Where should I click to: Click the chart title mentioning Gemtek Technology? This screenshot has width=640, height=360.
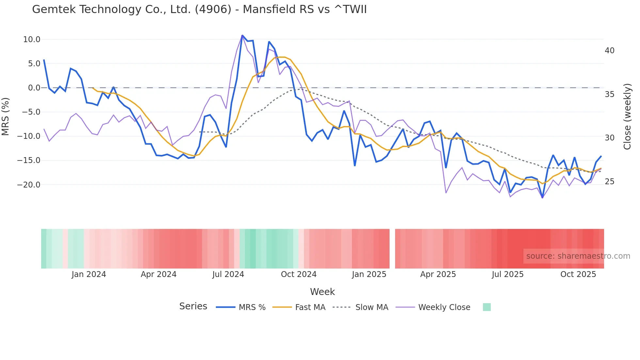(x=199, y=9)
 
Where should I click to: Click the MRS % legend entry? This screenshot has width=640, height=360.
(x=252, y=307)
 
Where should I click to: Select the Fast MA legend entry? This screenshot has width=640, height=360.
(x=310, y=307)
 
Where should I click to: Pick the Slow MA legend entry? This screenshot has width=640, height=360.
(x=372, y=307)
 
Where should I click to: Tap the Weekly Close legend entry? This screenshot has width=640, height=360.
(x=444, y=307)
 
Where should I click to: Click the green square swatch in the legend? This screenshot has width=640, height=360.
(x=487, y=307)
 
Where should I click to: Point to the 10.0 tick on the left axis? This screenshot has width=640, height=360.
(x=32, y=40)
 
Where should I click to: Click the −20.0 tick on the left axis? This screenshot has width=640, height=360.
(x=29, y=185)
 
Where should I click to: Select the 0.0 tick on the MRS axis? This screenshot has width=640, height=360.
(x=34, y=88)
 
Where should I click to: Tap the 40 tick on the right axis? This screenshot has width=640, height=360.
(x=609, y=51)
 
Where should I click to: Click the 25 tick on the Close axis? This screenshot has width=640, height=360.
(x=609, y=182)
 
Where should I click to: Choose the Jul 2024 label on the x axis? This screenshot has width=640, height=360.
(x=228, y=274)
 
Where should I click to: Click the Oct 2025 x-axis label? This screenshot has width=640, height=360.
(x=578, y=274)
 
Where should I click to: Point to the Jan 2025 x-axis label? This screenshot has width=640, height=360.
(x=369, y=274)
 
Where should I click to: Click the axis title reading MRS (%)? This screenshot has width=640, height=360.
(x=6, y=116)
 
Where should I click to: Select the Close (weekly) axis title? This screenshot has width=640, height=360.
(x=627, y=117)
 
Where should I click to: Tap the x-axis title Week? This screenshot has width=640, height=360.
(x=322, y=292)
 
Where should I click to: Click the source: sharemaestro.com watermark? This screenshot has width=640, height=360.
(x=578, y=256)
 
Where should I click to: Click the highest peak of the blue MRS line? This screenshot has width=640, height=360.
(x=242, y=35)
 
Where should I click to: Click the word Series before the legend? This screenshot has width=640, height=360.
(x=193, y=306)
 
